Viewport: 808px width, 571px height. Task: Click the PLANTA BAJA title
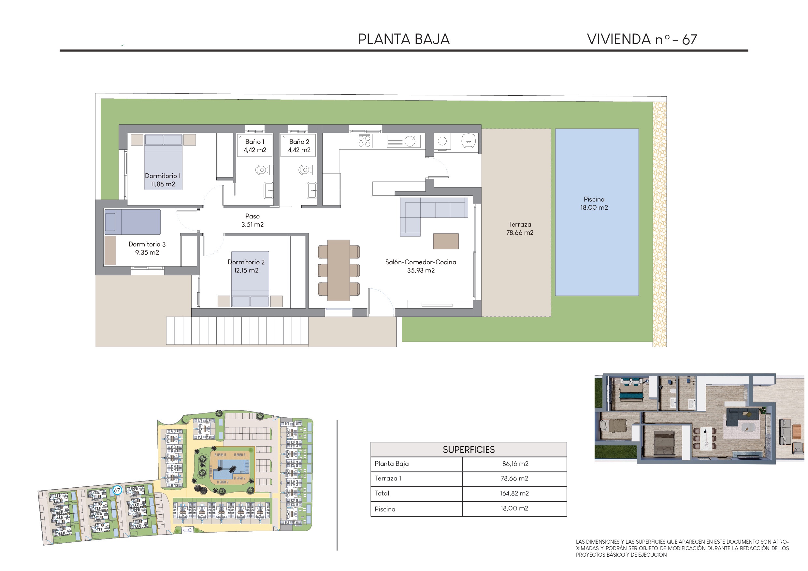point(404,39)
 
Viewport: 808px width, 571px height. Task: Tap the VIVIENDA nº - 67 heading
point(642,39)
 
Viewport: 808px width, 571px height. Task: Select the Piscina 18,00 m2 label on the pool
point(594,203)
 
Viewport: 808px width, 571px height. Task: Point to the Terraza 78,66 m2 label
point(520,228)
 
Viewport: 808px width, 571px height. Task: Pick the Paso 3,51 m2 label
point(252,220)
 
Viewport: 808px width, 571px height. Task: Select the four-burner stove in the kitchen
point(364,141)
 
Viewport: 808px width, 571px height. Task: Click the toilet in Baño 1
point(262,170)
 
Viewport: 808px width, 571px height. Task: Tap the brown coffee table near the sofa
point(446,241)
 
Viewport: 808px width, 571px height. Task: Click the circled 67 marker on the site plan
point(117,490)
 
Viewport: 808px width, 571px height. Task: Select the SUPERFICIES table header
point(469,449)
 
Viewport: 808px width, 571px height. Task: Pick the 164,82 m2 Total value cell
point(514,493)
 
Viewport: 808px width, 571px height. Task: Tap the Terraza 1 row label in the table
point(388,478)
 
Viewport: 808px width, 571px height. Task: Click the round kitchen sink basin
point(410,141)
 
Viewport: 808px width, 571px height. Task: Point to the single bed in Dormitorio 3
point(132,222)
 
